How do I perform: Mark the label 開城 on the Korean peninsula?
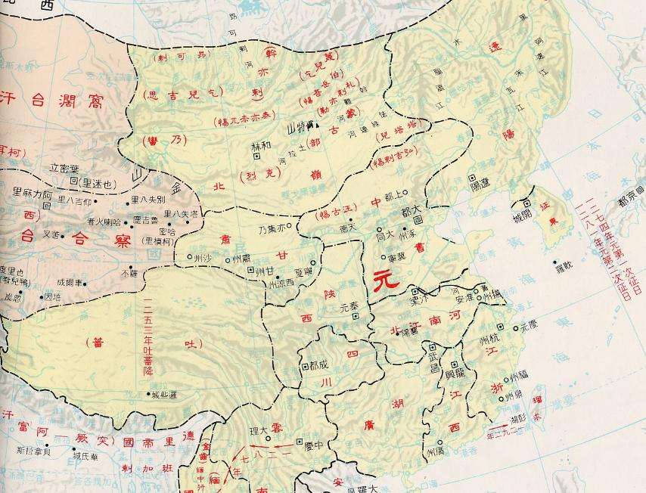[x=523, y=216]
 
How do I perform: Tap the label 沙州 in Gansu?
[x=200, y=257]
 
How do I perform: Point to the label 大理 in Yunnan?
[x=259, y=429]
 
